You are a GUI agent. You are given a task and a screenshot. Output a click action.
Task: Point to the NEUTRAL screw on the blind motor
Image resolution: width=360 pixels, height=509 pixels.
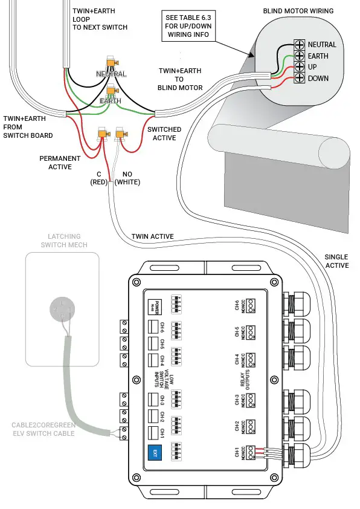pos(299,45)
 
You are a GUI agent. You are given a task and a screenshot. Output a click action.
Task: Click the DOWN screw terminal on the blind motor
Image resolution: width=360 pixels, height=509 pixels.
pos(299,79)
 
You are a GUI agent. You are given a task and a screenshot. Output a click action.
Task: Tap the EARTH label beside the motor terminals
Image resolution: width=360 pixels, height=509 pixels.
pos(318,56)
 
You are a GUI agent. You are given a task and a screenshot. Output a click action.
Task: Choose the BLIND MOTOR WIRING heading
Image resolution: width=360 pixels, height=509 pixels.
pos(298,11)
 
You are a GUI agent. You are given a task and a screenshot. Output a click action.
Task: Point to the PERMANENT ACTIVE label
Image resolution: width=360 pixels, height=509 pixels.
pos(60,162)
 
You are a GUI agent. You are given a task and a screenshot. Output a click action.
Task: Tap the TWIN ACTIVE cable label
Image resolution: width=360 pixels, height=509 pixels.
pos(152,236)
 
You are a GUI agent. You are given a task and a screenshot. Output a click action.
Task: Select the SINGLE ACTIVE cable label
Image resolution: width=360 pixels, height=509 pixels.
pos(336,261)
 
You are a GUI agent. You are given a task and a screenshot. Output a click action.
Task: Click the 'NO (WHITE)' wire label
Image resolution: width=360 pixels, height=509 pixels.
pos(127,178)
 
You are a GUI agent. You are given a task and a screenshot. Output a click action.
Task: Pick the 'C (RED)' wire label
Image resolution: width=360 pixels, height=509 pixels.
pos(98,178)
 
